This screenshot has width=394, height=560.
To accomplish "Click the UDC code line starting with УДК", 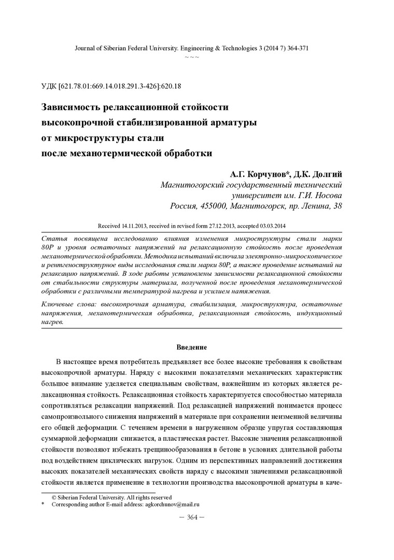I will pyautogui.click(x=114, y=86).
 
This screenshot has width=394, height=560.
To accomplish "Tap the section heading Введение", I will pyautogui.click(x=192, y=347).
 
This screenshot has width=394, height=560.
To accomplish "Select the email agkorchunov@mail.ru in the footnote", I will pyautogui.click(x=174, y=504).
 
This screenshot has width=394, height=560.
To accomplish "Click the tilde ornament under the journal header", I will pyautogui.click(x=192, y=55).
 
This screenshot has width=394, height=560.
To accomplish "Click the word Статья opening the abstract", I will pyautogui.click(x=53, y=237).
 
